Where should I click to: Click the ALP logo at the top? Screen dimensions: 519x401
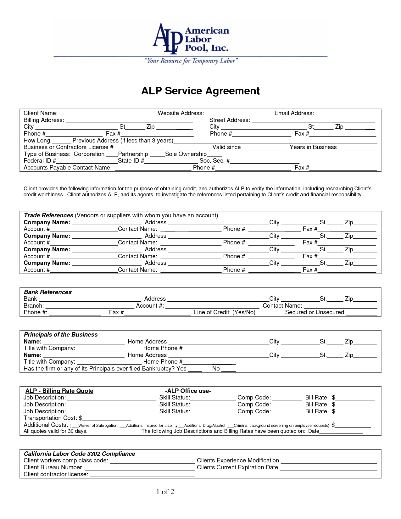click(190, 38)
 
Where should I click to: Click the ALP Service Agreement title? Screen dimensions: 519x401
click(200, 91)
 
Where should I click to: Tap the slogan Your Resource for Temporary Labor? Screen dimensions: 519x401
click(191, 61)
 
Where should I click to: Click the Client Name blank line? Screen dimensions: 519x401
click(108, 114)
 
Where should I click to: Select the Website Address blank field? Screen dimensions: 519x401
click(239, 114)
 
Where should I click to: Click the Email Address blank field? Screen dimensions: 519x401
click(346, 114)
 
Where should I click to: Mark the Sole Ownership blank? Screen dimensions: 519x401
click(214, 154)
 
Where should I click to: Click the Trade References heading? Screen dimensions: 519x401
click(49, 215)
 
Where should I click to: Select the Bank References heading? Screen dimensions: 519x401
click(48, 292)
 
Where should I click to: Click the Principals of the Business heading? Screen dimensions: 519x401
click(61, 335)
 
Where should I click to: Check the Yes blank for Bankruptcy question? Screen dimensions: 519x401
click(195, 369)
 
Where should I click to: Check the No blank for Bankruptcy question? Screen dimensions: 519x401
click(229, 369)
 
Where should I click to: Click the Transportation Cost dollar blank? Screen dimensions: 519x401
click(106, 418)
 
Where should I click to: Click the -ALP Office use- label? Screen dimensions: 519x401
click(188, 391)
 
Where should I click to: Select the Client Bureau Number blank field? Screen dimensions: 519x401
click(140, 468)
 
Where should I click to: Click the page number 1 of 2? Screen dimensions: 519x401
click(165, 492)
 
